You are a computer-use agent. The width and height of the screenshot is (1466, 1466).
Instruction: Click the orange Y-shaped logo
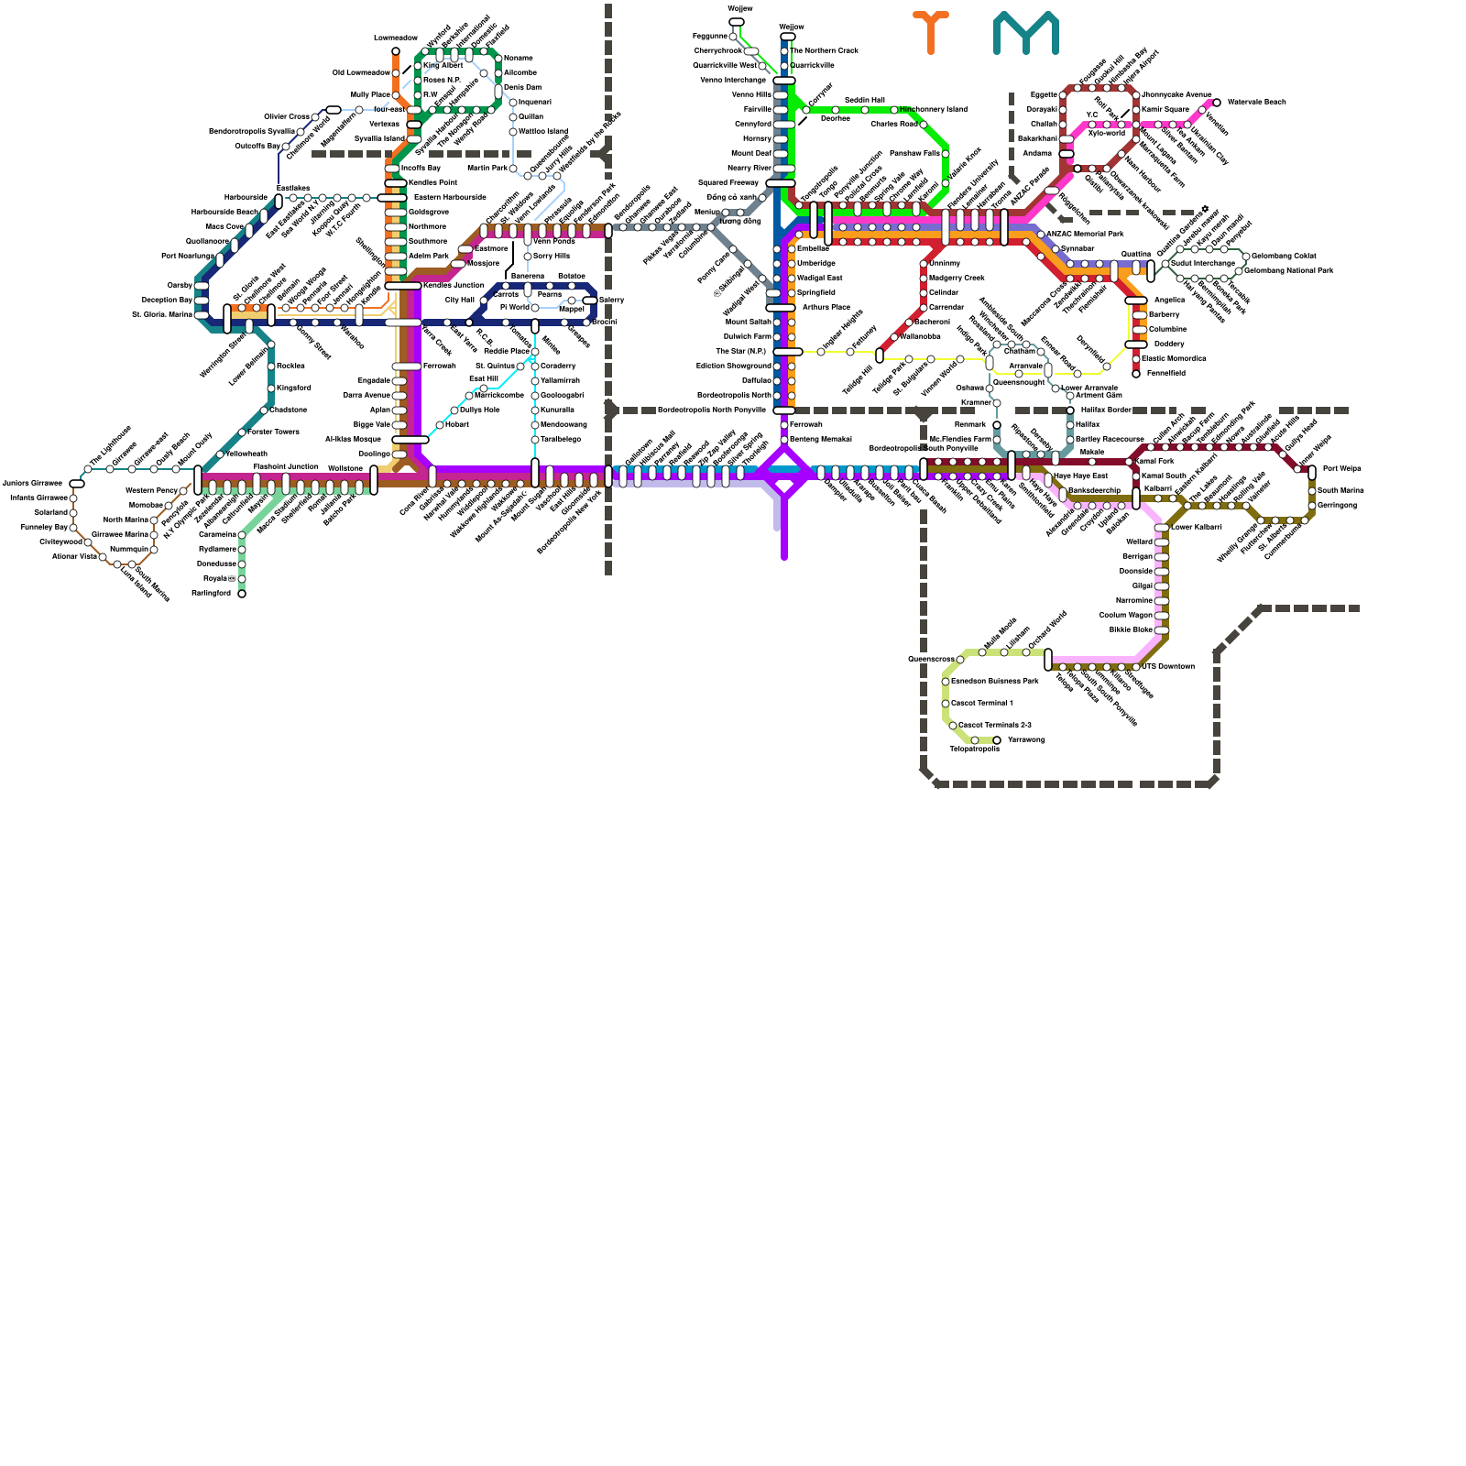pos(930,31)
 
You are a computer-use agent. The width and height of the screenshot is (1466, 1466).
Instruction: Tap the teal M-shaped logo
pos(1025,33)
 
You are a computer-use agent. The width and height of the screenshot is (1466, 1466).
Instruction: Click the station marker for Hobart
pos(440,425)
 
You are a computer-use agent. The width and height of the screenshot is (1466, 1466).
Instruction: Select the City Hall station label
pos(459,300)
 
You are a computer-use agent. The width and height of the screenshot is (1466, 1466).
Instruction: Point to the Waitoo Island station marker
pos(513,132)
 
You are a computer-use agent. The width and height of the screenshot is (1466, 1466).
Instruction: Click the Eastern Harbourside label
pos(449,197)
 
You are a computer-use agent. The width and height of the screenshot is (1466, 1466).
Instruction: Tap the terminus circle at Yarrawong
pos(997,740)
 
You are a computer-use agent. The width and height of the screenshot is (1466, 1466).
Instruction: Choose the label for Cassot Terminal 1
pos(981,703)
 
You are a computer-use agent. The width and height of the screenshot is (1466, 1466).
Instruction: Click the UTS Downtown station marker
pos(1136,667)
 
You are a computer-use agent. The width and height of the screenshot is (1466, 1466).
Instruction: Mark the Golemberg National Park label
pos(1287,270)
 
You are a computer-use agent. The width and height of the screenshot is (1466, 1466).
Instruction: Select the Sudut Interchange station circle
pos(1165,264)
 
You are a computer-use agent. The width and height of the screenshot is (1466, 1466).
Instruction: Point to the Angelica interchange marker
pos(1136,301)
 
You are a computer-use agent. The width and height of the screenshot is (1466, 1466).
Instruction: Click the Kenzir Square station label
pos(1165,109)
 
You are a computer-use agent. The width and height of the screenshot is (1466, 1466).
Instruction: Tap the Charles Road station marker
pos(924,125)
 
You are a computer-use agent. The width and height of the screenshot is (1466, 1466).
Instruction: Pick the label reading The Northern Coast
pos(824,50)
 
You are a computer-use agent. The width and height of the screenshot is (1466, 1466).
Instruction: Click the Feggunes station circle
pos(733,37)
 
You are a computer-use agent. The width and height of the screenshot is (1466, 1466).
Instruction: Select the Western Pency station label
pos(151,490)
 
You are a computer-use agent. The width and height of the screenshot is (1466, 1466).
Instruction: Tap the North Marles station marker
pos(154,520)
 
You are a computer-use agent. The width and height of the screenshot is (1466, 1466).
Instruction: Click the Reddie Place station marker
pos(535,352)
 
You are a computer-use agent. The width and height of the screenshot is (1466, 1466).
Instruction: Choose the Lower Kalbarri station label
pos(1196,527)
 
